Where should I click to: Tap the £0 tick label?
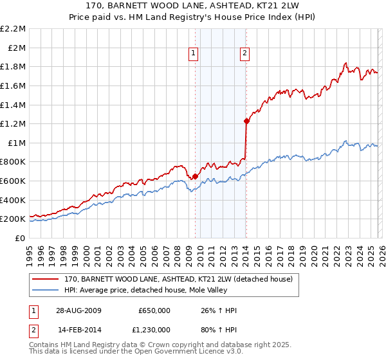tap(21, 238)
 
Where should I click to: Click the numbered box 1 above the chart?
tap(194, 53)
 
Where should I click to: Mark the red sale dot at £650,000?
tap(195, 176)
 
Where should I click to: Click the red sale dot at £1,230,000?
tap(246, 121)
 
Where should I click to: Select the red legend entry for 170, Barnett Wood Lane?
tap(178, 279)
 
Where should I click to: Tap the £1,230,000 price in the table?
tap(154, 330)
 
